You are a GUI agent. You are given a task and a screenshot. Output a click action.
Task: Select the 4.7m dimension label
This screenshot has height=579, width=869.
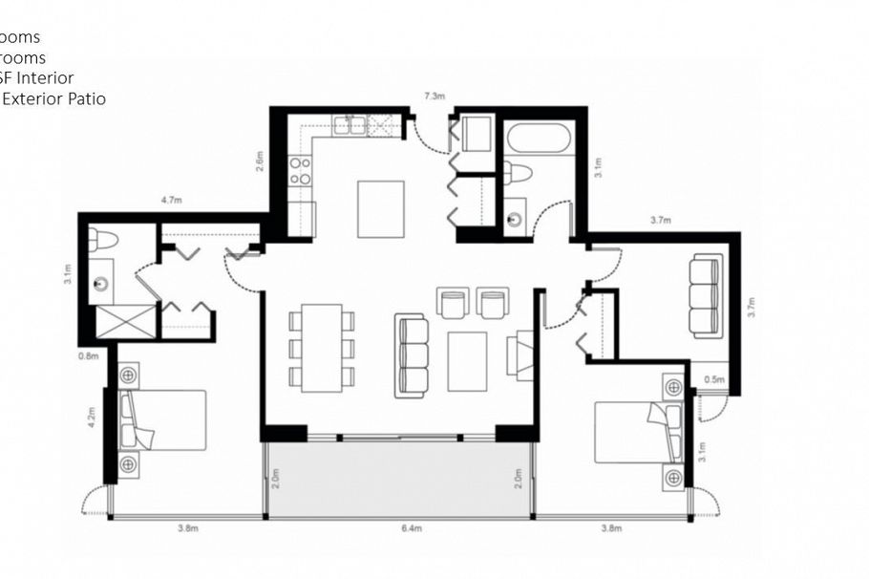click(171, 201)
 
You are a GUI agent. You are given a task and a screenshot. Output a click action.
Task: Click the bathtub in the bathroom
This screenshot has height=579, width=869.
click(540, 139)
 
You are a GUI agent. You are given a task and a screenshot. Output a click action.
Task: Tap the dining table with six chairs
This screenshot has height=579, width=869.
click(322, 348)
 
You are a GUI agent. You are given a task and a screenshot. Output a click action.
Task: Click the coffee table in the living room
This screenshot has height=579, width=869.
click(467, 361)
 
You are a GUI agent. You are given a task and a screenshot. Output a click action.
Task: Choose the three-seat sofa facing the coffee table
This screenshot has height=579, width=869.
click(413, 355)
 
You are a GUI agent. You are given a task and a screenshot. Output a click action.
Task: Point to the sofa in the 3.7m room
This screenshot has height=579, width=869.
click(706, 295)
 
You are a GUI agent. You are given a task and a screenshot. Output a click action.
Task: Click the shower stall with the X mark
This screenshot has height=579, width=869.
click(121, 323)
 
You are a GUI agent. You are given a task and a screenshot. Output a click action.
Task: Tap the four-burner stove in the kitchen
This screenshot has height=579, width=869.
click(300, 170)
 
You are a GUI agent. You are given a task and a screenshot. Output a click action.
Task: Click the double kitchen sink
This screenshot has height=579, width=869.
click(349, 124)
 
